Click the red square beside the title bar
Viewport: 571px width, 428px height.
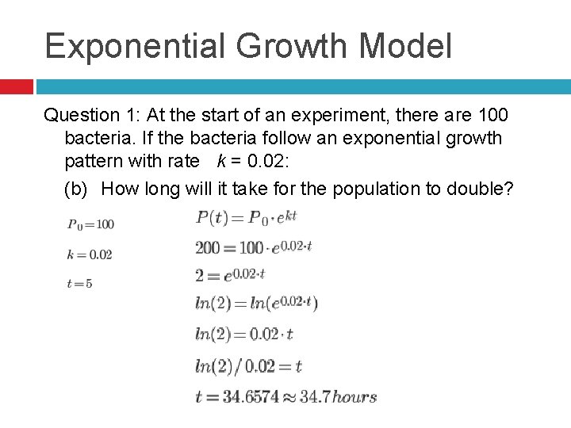tap(16, 86)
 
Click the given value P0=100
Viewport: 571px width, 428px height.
tap(90, 224)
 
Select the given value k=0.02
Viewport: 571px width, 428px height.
tap(90, 254)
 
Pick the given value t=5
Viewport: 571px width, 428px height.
tap(80, 283)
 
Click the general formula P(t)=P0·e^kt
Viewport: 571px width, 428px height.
tap(245, 216)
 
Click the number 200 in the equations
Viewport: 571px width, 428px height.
tap(208, 247)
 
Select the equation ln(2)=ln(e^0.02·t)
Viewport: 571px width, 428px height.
tap(256, 303)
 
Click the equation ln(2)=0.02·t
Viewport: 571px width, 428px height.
tap(244, 334)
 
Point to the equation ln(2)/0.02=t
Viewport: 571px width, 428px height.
tap(248, 365)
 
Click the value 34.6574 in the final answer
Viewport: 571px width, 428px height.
tap(251, 396)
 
